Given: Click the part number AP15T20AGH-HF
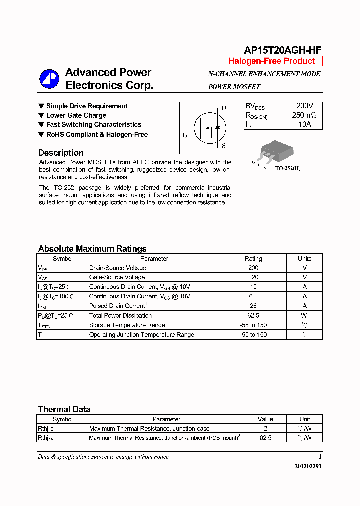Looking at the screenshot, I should click(282, 50).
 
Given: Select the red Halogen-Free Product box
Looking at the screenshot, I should click(271, 61).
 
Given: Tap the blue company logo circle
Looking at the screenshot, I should click(49, 78).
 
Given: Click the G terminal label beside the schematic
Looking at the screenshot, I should click(185, 135).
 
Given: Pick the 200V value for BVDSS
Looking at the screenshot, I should click(304, 106).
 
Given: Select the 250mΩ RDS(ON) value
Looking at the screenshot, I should click(304, 115).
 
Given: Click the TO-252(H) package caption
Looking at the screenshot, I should click(288, 169).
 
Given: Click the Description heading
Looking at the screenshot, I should click(61, 153).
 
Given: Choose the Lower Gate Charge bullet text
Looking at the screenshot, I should click(76, 115).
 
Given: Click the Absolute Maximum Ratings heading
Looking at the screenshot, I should click(92, 249).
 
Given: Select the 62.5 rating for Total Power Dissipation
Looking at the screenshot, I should click(253, 316).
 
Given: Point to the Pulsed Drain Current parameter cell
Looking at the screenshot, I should click(117, 306).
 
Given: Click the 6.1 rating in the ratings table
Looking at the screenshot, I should click(253, 296).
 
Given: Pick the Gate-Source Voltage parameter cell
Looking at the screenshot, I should click(117, 277).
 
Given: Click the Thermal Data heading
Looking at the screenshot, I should click(64, 409).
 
